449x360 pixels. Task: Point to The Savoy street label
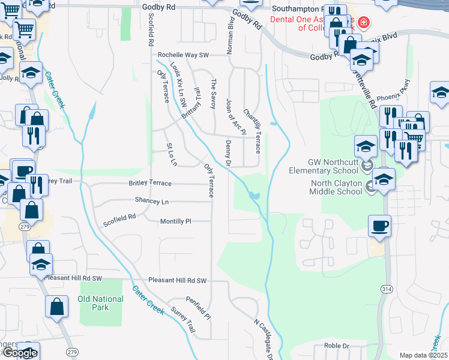(x=212, y=94)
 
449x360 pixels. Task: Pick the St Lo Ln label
(x=172, y=154)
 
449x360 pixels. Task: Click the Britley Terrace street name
(x=150, y=184)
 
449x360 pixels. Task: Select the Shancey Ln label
(x=152, y=201)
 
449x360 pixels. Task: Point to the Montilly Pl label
(x=175, y=221)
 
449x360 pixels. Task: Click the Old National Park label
(x=100, y=302)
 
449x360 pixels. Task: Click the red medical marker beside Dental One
(x=364, y=23)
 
